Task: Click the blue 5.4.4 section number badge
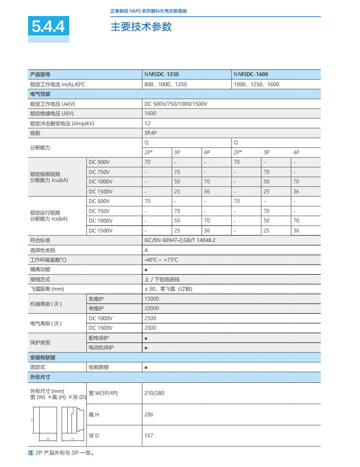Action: pyautogui.click(x=49, y=27)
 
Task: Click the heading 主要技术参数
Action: pyautogui.click(x=141, y=27)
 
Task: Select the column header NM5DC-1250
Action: pyautogui.click(x=161, y=74)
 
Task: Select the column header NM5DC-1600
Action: pyautogui.click(x=251, y=74)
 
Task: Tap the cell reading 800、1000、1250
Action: pyautogui.click(x=165, y=84)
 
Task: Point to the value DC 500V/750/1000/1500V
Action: pyautogui.click(x=175, y=104)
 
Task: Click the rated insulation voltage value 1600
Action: pyautogui.click(x=150, y=113)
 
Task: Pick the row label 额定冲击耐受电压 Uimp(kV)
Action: pyautogui.click(x=62, y=123)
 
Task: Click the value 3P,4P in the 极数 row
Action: pyautogui.click(x=150, y=133)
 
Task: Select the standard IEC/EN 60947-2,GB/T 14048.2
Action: pyautogui.click(x=179, y=240)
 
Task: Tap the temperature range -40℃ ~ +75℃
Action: pyautogui.click(x=161, y=260)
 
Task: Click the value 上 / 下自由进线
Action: pyautogui.click(x=161, y=279)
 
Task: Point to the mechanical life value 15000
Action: pyautogui.click(x=151, y=299)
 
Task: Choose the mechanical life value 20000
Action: pyautogui.click(x=151, y=308)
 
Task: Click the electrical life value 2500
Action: pyautogui.click(x=150, y=318)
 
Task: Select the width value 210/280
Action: pyautogui.click(x=154, y=393)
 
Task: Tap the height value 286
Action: pyautogui.click(x=149, y=414)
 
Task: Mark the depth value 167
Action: pyautogui.click(x=149, y=435)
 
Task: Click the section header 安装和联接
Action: pyautogui.click(x=43, y=357)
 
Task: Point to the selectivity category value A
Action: pyautogui.click(x=146, y=250)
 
